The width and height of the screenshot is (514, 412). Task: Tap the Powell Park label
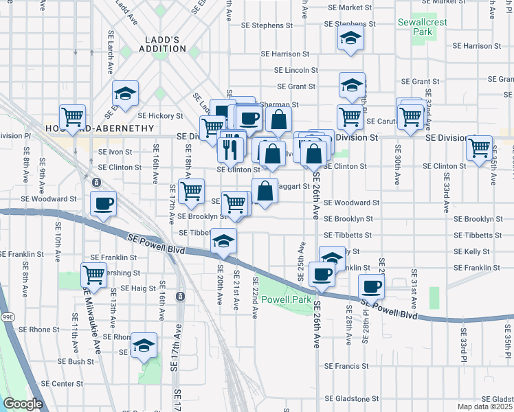(287, 300)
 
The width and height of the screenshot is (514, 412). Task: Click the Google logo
(23, 404)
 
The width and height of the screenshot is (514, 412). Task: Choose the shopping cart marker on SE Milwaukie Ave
(93, 275)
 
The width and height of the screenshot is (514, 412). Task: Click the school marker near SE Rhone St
(144, 345)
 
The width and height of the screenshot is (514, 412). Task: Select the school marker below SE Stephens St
(350, 41)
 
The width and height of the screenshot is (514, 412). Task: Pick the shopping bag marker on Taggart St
(265, 190)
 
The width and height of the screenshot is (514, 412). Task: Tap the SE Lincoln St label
(296, 70)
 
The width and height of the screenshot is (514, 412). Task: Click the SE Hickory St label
(161, 116)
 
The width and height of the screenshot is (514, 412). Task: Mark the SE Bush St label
(76, 361)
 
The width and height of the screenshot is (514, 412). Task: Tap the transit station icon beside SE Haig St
(180, 296)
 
